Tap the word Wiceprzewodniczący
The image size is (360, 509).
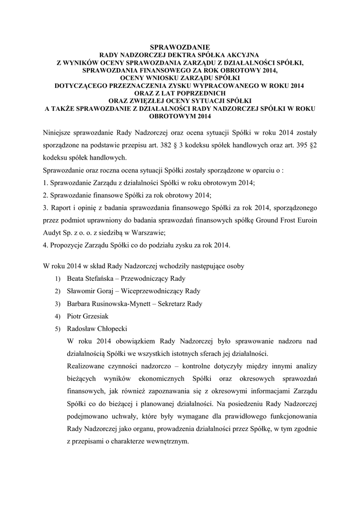click(156, 291)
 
